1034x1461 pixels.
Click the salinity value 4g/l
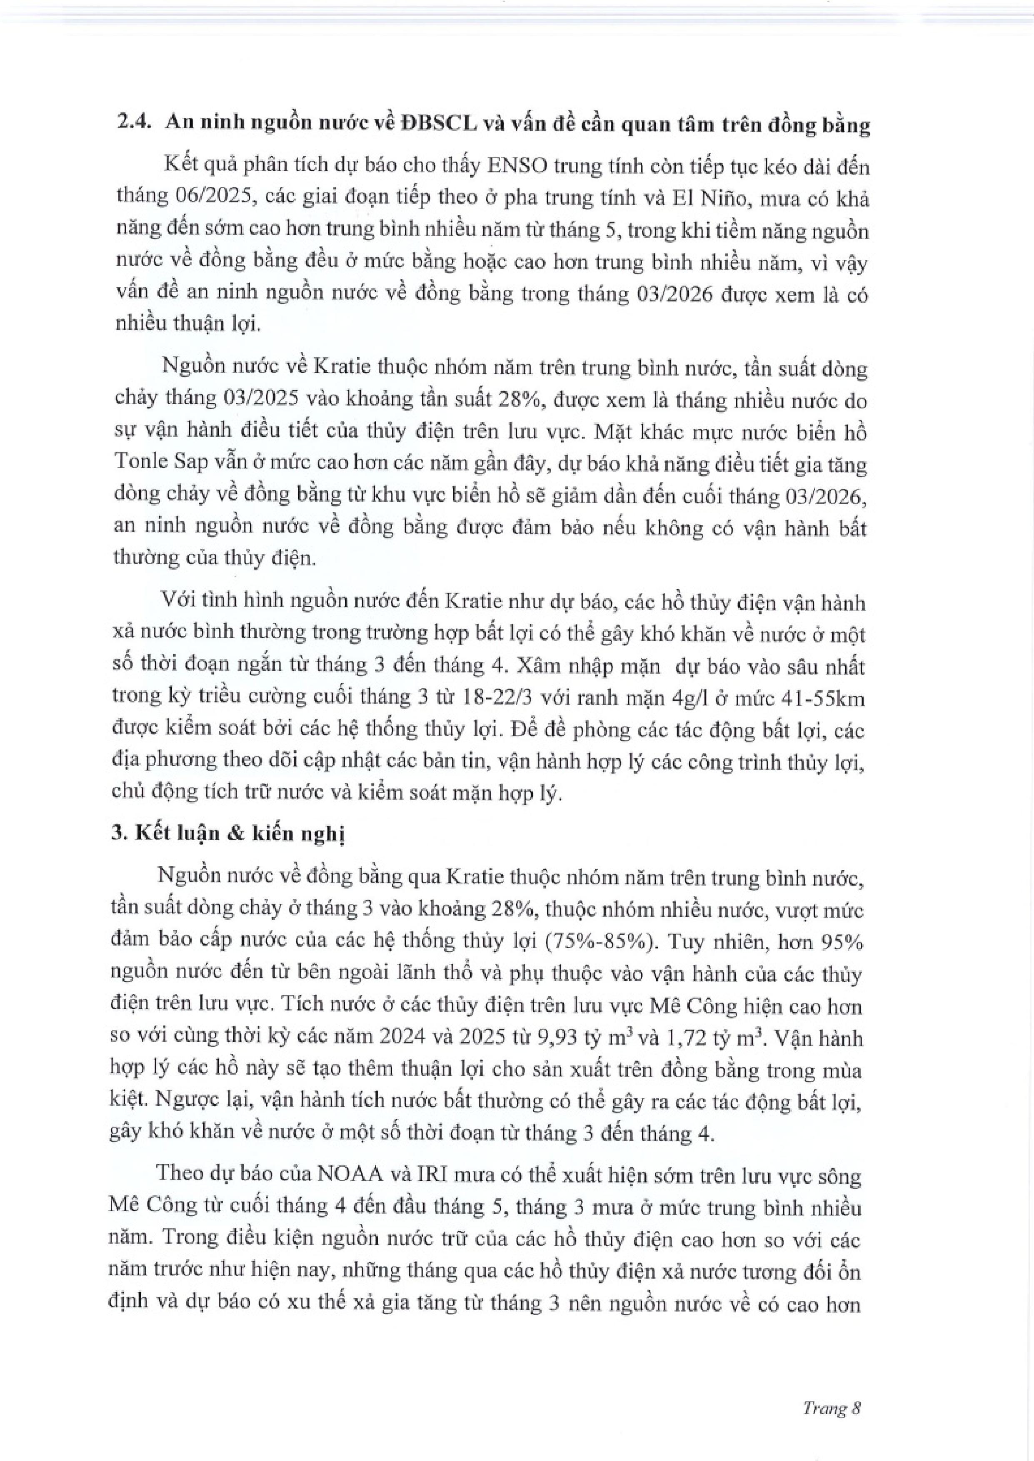(694, 697)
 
